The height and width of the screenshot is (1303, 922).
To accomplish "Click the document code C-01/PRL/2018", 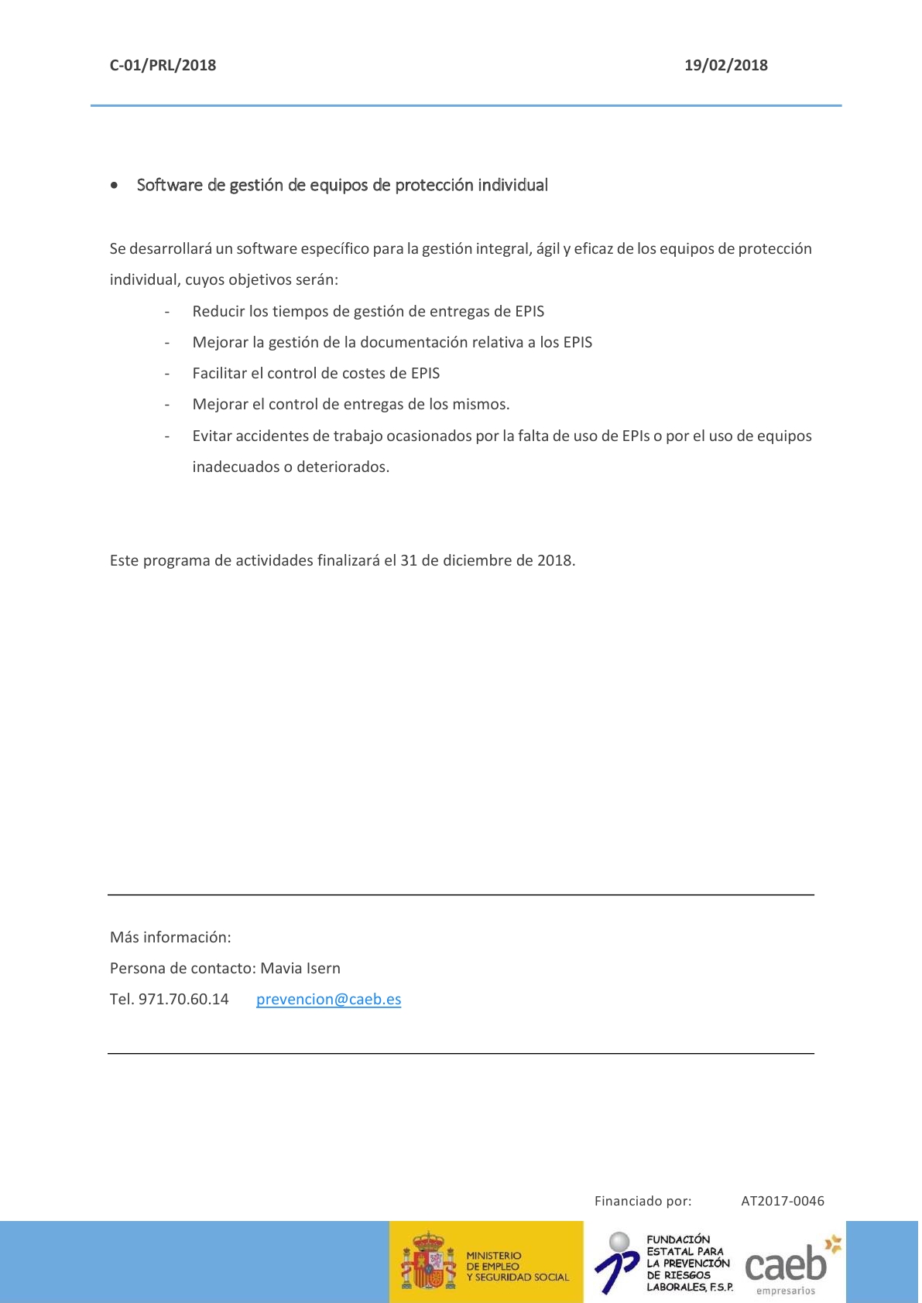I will point(163,65).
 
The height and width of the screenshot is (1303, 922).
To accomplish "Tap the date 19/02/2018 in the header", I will point(725,65).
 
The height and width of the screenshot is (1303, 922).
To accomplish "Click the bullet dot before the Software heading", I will point(115,186).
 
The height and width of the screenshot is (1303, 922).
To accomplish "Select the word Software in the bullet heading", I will point(170,185).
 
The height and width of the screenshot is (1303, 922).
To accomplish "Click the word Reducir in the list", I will point(218,311).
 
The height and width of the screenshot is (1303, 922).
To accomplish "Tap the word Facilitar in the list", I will point(219,373).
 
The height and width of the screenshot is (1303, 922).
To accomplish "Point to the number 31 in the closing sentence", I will point(409,560).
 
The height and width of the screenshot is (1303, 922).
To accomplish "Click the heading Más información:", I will point(170,937).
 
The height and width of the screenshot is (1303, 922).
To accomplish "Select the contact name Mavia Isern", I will point(300,968).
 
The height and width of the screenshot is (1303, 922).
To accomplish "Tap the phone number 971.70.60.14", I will point(183,999).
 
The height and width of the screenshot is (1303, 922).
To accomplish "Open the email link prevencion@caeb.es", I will point(328,999).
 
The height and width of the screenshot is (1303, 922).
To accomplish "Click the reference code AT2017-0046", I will point(783,1201).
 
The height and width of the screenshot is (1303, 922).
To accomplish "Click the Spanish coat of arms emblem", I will point(428,1262).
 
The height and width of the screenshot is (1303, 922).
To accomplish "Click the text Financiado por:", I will point(643,1201).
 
